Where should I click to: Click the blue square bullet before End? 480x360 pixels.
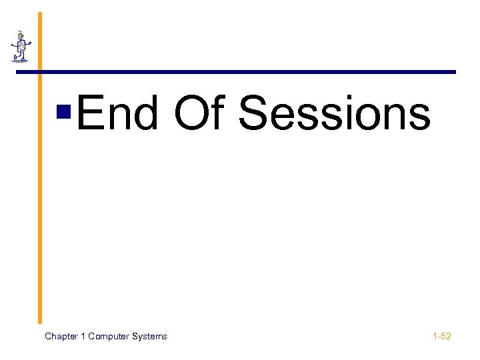[65, 111]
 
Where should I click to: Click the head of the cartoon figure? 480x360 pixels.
[21, 34]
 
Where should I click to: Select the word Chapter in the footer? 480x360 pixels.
[61, 337]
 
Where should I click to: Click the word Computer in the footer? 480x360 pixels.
[110, 337]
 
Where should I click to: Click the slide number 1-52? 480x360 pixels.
[441, 337]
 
